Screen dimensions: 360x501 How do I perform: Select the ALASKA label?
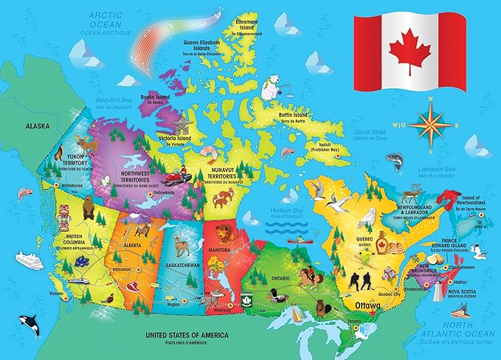coord(37,126)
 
